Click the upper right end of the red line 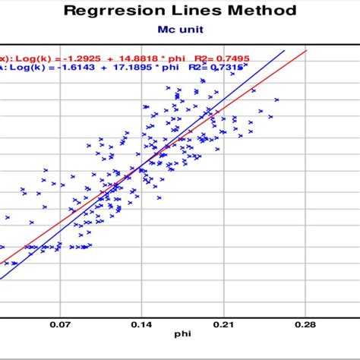pos(306,50)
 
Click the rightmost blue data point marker pos(277,99)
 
